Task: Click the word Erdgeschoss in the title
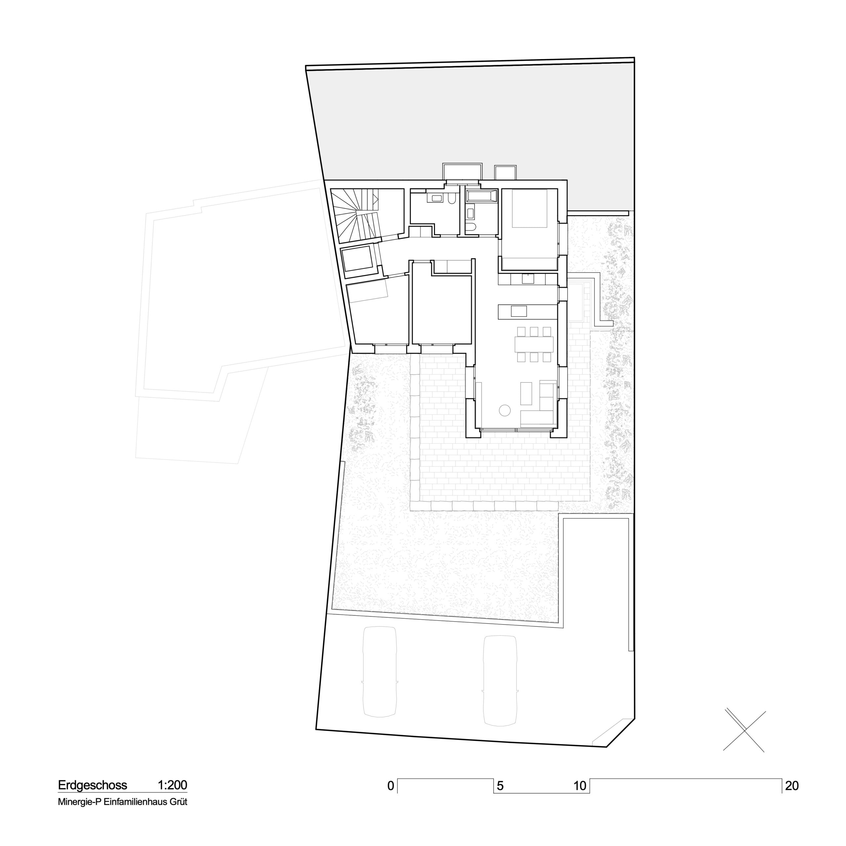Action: (93, 785)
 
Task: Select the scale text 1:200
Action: (173, 785)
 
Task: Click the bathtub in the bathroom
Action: (482, 196)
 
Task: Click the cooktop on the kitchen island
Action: (519, 311)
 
